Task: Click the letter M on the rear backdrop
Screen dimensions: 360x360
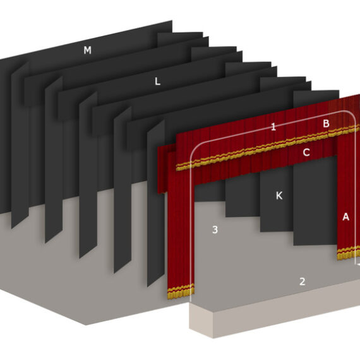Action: tap(88, 50)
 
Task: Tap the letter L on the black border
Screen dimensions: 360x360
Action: tap(157, 81)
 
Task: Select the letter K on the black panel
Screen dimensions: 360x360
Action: tap(279, 196)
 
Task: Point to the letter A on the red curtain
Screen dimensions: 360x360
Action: tap(345, 217)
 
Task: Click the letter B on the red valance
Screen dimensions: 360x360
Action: tap(326, 124)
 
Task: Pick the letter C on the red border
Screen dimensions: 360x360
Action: tap(306, 152)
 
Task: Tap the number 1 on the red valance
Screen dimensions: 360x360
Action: tap(273, 127)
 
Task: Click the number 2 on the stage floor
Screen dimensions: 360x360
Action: tap(302, 282)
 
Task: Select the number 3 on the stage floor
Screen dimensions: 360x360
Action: tap(215, 229)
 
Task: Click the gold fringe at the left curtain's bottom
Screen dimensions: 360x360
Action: tap(181, 291)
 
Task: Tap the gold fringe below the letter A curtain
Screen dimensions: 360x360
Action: tap(348, 253)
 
